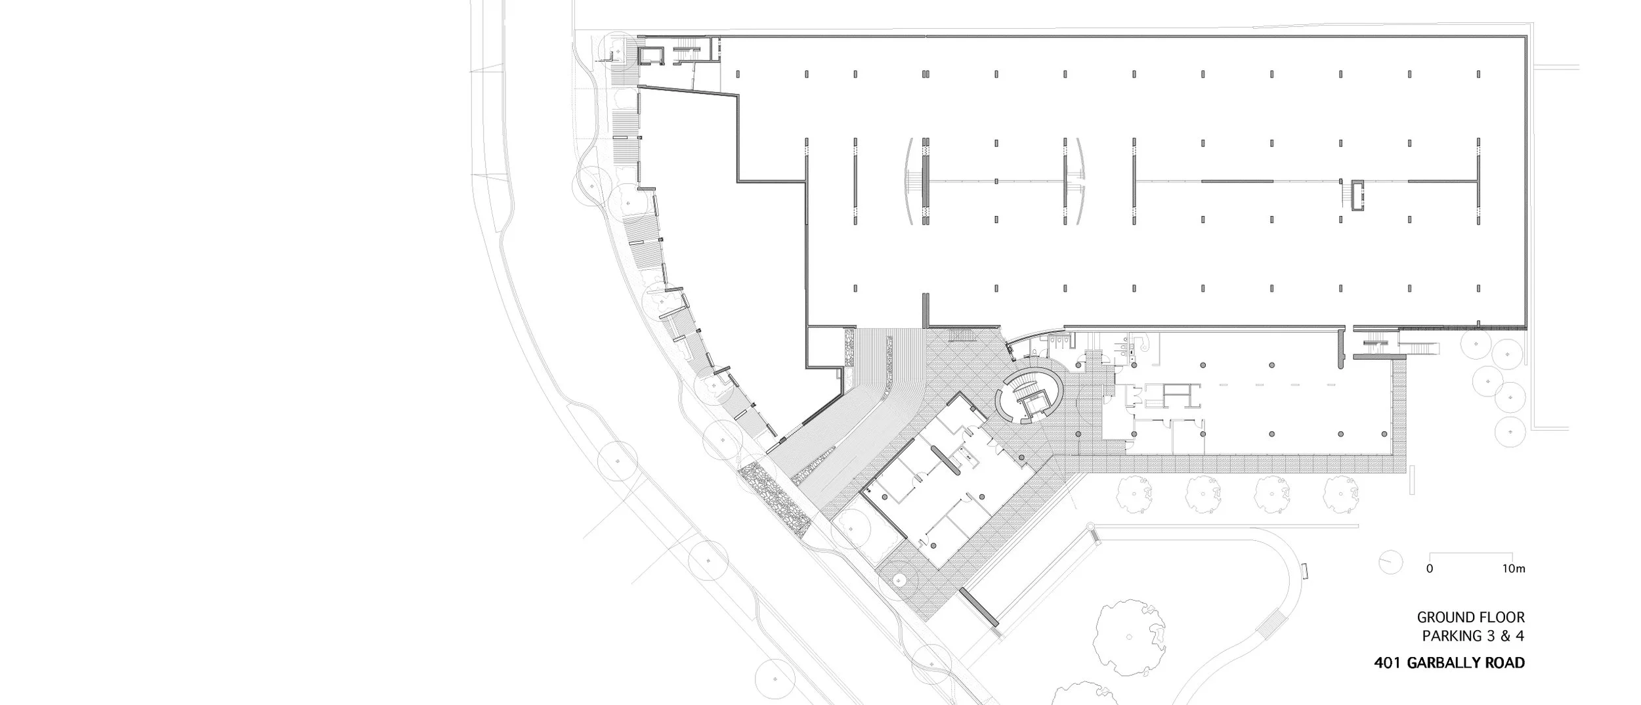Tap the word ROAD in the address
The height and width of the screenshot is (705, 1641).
click(1506, 663)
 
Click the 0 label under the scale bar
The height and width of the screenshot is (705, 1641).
click(1429, 569)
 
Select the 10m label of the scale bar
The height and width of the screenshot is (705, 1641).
click(1513, 569)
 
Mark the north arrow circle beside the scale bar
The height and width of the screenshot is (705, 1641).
click(1390, 562)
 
